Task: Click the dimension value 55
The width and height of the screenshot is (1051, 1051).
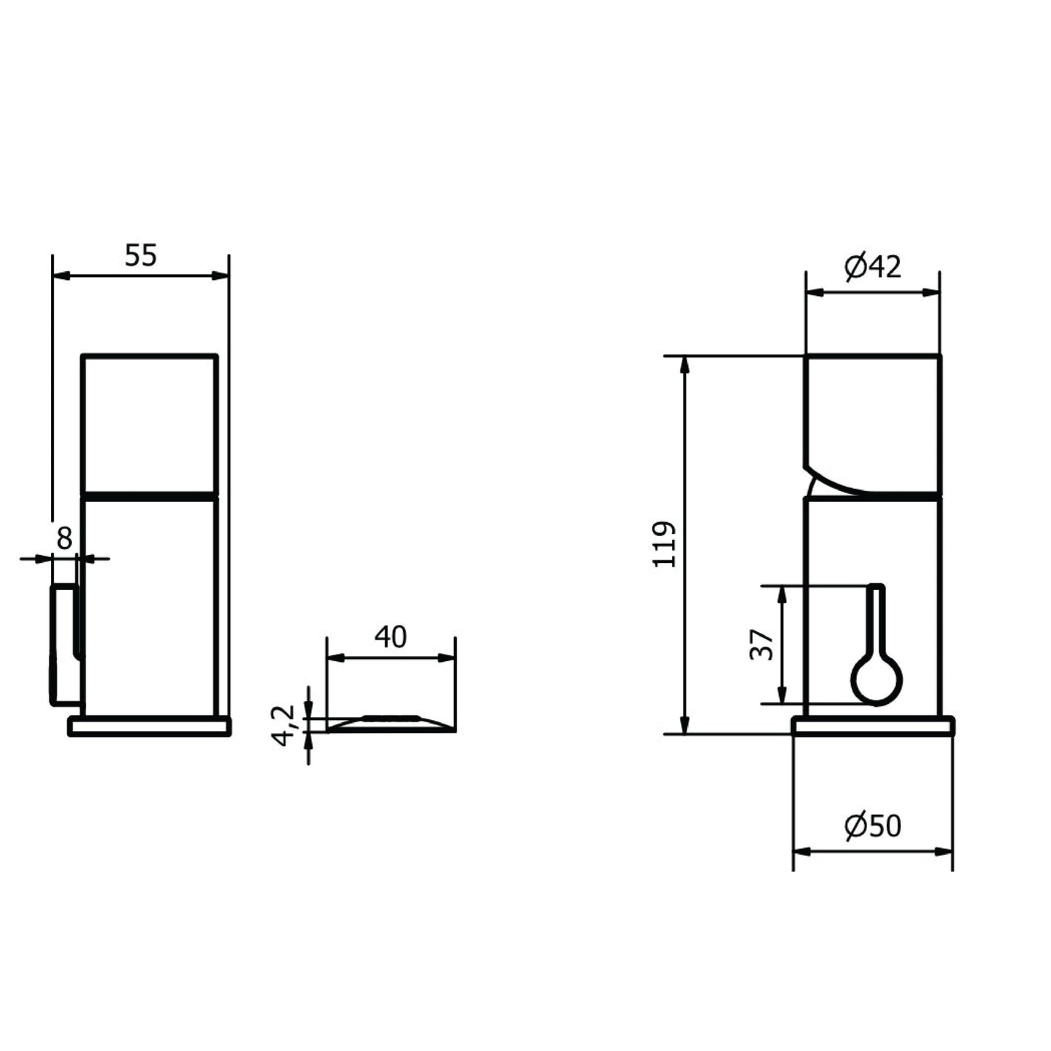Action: tap(140, 255)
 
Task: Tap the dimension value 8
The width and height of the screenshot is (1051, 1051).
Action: tap(64, 538)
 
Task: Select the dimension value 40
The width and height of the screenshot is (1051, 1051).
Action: tap(391, 636)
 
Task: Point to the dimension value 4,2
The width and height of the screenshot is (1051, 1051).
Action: tap(284, 725)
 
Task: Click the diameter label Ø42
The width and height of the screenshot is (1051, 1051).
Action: tap(873, 267)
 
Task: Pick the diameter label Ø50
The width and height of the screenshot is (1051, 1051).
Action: tap(873, 826)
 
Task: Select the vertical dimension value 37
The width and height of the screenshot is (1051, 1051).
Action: tap(762, 644)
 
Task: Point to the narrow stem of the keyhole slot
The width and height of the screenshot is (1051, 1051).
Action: tap(876, 620)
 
